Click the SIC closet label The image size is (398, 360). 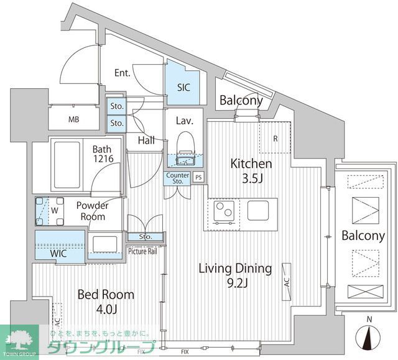coord(183,88)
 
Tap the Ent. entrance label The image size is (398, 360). coord(122,73)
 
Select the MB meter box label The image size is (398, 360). coord(73,120)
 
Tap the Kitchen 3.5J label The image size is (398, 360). coord(251,170)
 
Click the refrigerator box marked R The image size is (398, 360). coord(275,138)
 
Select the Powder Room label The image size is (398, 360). coord(92,211)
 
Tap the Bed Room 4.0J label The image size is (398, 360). coord(105,301)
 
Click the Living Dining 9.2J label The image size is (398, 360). coord(235,275)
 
